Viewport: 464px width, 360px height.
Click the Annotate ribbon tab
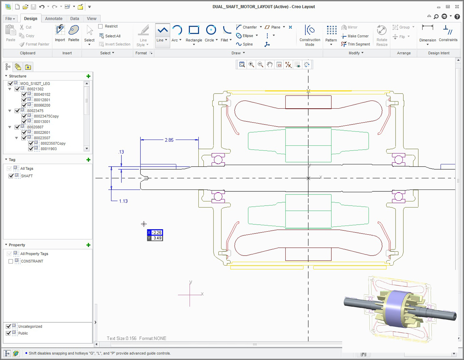(x=53, y=19)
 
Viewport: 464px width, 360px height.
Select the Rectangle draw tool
(x=194, y=30)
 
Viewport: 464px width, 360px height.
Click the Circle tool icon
(x=211, y=30)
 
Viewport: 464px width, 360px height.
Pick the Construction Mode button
(x=310, y=31)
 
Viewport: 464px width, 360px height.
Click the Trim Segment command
(x=355, y=44)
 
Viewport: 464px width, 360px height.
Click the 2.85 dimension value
(x=169, y=140)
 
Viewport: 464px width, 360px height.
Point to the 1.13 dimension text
(x=123, y=201)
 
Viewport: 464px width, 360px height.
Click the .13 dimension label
(x=121, y=152)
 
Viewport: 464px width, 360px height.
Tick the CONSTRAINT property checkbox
(x=10, y=261)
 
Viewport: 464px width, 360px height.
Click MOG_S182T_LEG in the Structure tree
(x=35, y=84)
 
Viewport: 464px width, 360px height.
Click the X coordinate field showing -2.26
(x=157, y=232)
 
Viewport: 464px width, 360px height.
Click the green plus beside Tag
(x=88, y=160)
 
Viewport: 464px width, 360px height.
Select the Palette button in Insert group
(x=73, y=31)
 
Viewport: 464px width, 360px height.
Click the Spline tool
(x=244, y=44)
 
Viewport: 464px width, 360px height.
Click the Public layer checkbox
(x=9, y=333)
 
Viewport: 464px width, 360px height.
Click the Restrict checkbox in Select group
(x=101, y=26)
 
